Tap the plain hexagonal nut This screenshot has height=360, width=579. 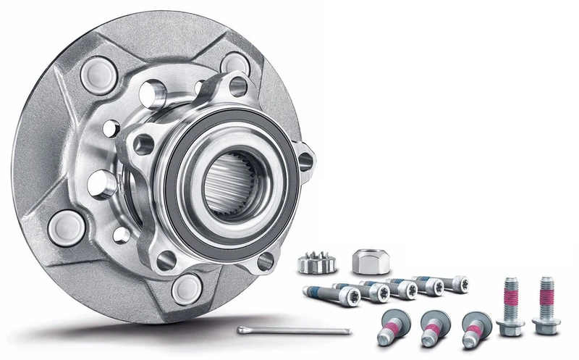click(x=366, y=259)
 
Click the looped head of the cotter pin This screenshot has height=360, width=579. click(x=242, y=330)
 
